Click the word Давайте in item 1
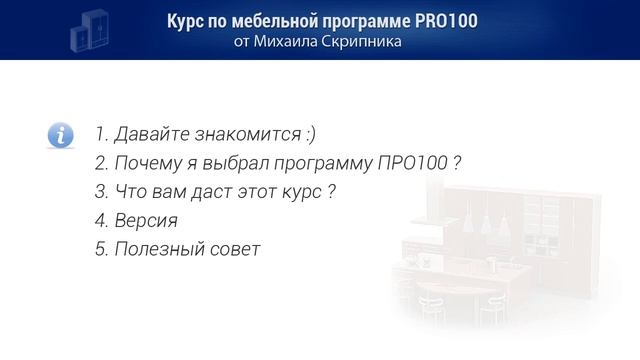click(149, 134)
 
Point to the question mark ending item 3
click(331, 192)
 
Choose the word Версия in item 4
click(146, 221)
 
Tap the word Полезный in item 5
click(158, 250)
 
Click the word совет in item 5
click(235, 250)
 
